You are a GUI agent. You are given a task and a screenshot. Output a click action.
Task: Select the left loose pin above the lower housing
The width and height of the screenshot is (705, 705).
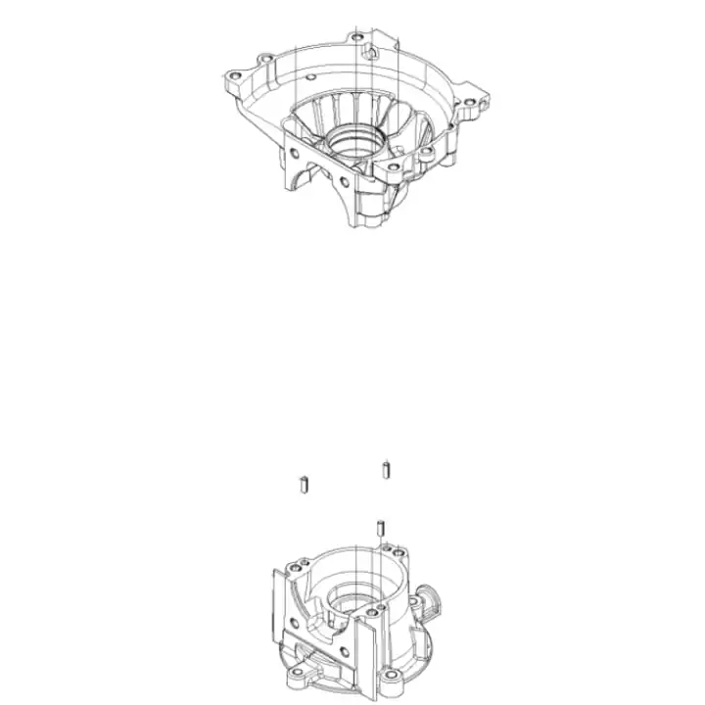click(x=303, y=483)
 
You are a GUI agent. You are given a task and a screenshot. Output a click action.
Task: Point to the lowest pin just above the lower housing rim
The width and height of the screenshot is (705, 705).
click(x=377, y=529)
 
